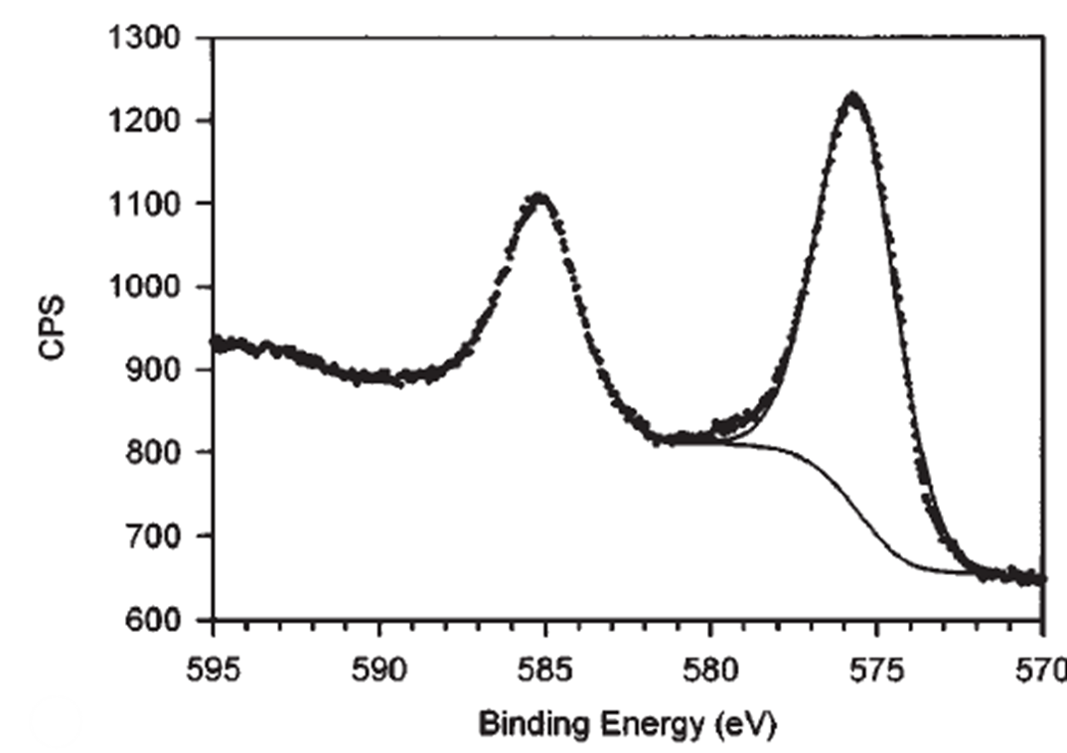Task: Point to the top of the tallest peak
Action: click(x=852, y=96)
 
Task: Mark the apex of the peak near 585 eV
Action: click(x=539, y=197)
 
